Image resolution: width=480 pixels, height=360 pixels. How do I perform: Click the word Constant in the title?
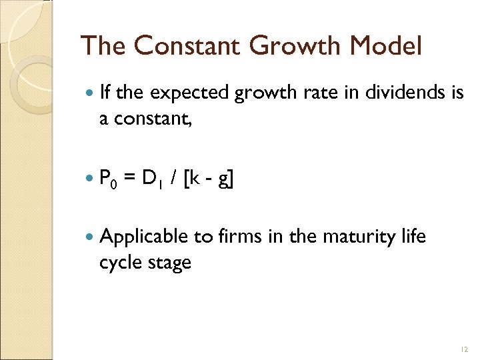click(x=185, y=46)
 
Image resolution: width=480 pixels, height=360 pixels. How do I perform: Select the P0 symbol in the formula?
click(x=108, y=179)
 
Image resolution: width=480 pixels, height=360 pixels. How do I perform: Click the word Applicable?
click(x=144, y=237)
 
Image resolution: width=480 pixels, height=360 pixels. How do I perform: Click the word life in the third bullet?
click(x=416, y=237)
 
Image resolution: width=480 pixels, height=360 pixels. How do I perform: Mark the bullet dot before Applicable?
click(x=90, y=237)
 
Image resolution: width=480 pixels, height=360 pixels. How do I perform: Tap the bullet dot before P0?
click(x=90, y=178)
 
